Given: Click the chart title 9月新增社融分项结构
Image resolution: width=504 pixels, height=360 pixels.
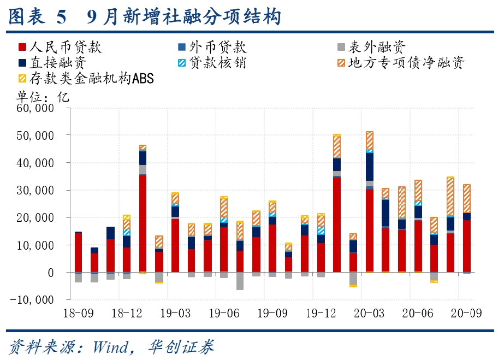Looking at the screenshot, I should pos(184,17).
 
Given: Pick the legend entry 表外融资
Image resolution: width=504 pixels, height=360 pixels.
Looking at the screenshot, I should pos(377,47).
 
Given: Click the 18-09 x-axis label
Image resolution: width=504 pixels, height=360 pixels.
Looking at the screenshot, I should pos(78,314).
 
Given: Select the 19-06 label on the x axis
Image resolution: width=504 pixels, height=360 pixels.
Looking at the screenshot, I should pos(224,314).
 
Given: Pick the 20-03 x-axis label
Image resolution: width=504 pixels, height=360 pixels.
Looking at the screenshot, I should pos(370,314).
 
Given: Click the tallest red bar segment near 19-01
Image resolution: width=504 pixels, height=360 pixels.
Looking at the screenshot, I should pos(143,223).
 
